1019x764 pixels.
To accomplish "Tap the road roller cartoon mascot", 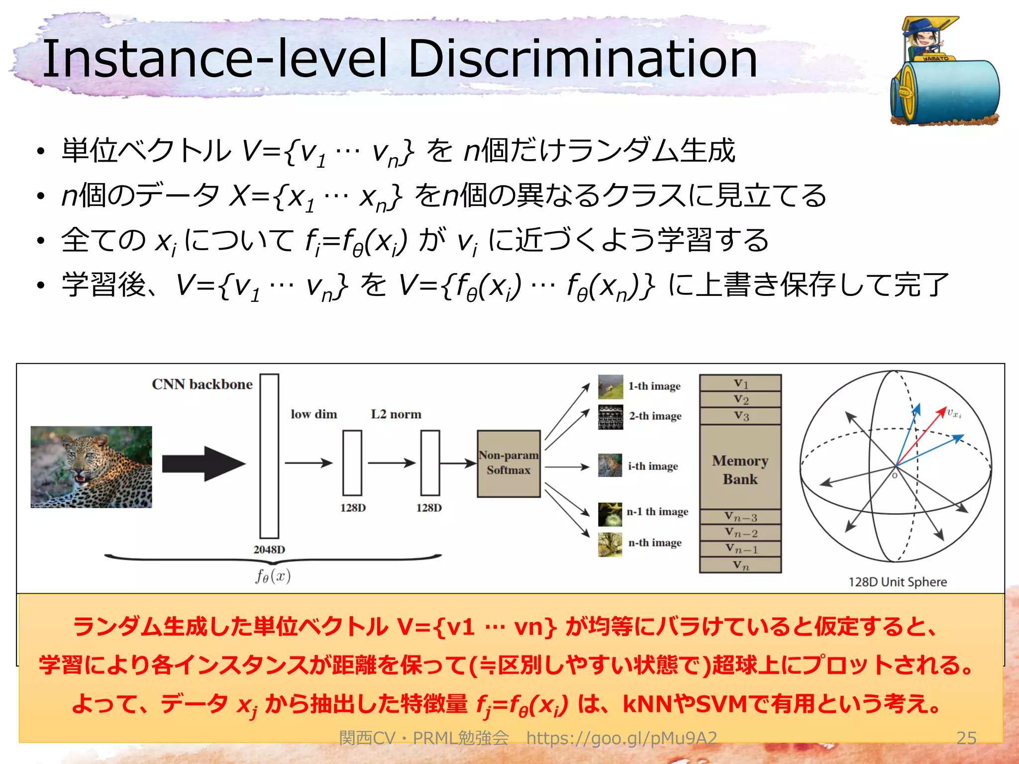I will [x=943, y=72].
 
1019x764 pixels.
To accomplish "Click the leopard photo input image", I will [x=92, y=467].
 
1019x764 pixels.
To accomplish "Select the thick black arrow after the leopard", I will [x=204, y=464].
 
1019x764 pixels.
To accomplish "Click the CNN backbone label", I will [x=202, y=384].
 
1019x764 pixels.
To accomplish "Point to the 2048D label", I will [x=269, y=550].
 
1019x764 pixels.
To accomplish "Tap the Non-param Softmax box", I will [x=509, y=464].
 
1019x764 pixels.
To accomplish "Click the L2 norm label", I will [x=396, y=414].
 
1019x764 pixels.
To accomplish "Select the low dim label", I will [x=314, y=414].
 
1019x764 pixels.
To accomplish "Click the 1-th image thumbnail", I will [x=611, y=387].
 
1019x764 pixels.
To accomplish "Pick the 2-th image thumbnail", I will [x=611, y=417].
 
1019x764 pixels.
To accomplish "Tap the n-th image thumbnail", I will [x=610, y=544].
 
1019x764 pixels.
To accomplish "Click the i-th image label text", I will [x=653, y=466].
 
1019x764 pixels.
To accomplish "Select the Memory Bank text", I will [x=740, y=470].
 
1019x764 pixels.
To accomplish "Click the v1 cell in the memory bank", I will [x=740, y=383].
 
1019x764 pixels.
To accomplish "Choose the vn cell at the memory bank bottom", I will [x=740, y=565].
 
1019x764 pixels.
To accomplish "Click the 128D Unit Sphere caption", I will [x=898, y=582].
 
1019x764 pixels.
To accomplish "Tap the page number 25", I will [x=966, y=738].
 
